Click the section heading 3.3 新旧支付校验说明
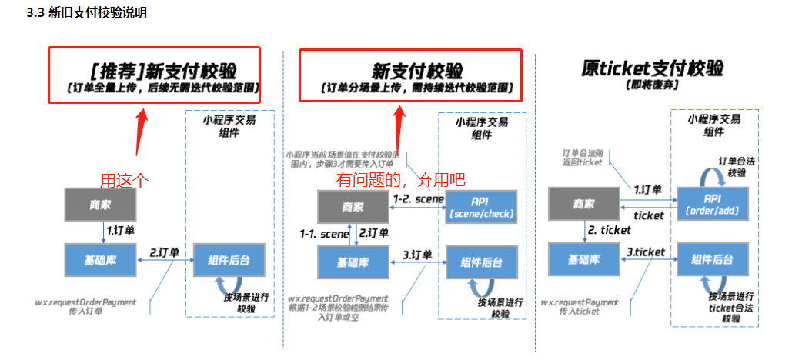tap(86, 13)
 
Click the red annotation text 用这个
tap(125, 180)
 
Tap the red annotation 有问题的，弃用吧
tap(401, 180)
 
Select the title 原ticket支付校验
tap(652, 68)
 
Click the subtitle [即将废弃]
tap(652, 84)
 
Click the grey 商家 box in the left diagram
tap(99, 204)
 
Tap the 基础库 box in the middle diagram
tap(353, 262)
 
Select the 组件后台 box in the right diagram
tap(710, 259)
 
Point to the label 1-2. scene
tap(419, 198)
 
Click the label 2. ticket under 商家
tap(609, 230)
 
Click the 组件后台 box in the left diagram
tap(223, 258)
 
